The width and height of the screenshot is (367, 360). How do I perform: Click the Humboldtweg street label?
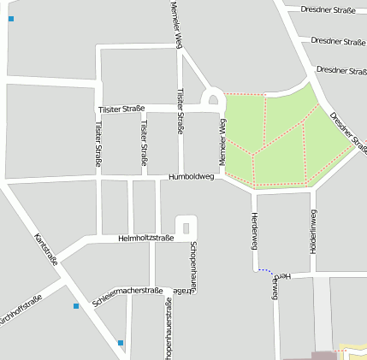191,177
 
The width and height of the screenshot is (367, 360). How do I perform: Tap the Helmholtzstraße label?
146,238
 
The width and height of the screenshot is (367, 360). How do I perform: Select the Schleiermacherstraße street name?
127,297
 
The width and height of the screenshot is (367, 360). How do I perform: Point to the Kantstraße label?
45,249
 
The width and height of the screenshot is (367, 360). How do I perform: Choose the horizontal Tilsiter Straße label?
121,109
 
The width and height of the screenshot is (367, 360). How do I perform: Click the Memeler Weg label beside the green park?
222,142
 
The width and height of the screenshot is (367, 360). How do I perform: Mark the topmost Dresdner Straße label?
329,10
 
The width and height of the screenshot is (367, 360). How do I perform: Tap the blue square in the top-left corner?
10,18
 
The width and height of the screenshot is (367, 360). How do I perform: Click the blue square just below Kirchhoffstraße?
76,305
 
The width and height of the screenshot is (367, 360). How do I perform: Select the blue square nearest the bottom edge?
121,343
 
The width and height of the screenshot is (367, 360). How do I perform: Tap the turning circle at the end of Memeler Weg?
213,99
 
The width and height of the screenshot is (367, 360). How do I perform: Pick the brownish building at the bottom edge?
324,355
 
